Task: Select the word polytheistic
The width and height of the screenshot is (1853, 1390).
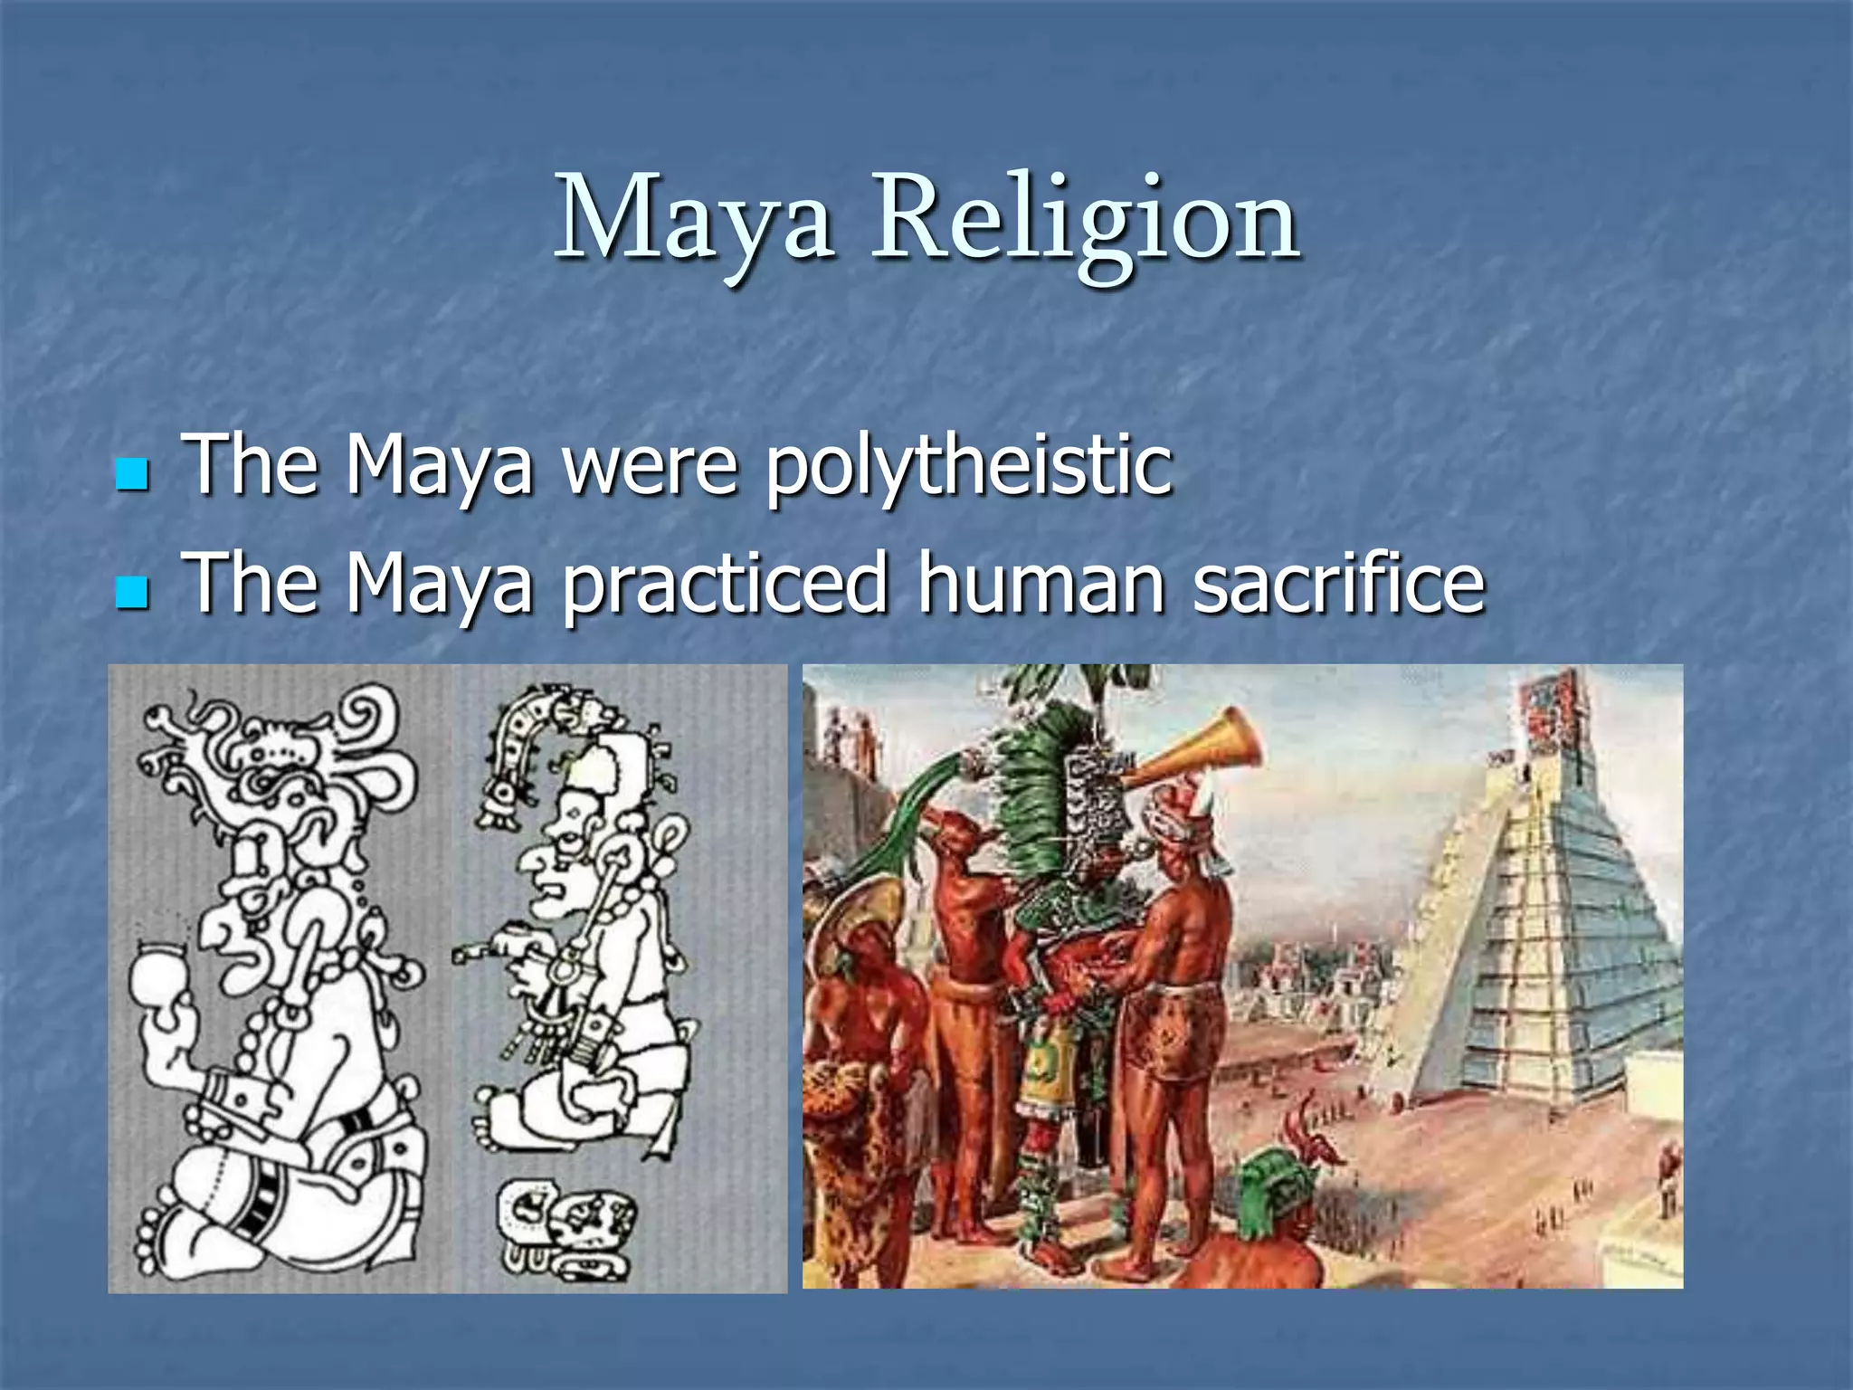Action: pyautogui.click(x=968, y=466)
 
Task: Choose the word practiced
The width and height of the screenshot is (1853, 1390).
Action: pyautogui.click(x=724, y=586)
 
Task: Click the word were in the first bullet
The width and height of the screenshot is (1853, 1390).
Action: pyautogui.click(x=650, y=466)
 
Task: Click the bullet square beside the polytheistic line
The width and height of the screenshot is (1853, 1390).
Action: pyautogui.click(x=132, y=473)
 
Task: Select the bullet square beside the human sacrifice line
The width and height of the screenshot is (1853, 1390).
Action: pyautogui.click(x=132, y=593)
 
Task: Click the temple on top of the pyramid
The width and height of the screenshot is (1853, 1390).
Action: pyautogui.click(x=1552, y=715)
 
